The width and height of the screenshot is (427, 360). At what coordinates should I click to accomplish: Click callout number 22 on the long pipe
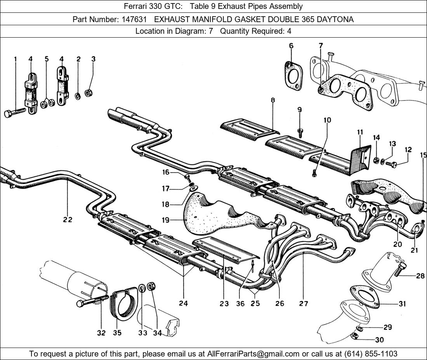(68, 220)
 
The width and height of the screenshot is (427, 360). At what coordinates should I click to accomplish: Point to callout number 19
(166, 220)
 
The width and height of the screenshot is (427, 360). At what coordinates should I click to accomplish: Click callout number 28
(420, 276)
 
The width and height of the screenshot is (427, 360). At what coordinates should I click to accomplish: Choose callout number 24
(183, 303)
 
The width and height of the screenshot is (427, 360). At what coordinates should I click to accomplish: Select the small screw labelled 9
(300, 132)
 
